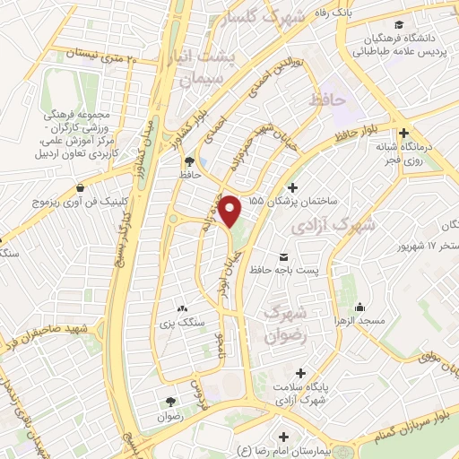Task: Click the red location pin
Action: click(x=231, y=211)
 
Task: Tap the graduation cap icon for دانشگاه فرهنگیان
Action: click(x=398, y=24)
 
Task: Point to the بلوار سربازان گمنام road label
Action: click(x=403, y=409)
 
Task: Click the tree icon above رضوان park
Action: click(x=169, y=400)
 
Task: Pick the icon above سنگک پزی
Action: click(x=184, y=307)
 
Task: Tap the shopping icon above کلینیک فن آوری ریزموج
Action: click(x=82, y=188)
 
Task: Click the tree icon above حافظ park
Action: click(x=189, y=161)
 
